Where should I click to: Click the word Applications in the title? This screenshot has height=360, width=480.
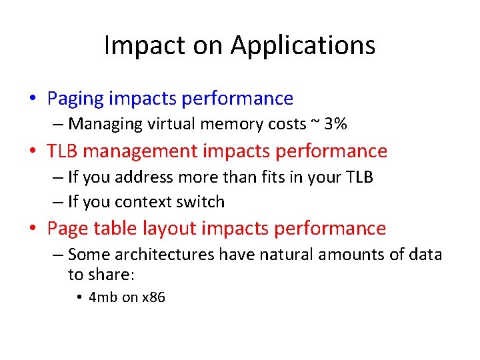[x=303, y=46]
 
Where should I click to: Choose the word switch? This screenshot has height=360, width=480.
[x=200, y=201]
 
